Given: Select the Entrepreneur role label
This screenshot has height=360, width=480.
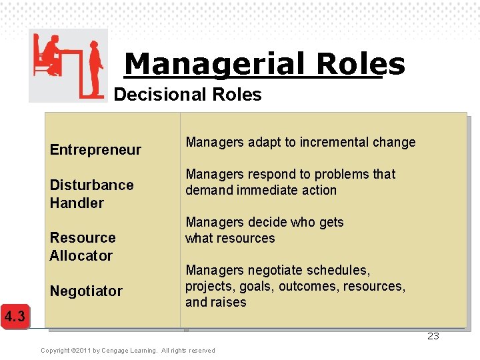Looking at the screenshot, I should click(95, 149).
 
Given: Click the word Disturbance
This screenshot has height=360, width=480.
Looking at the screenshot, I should click(91, 185).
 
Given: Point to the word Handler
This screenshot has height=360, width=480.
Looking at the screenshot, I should click(77, 203).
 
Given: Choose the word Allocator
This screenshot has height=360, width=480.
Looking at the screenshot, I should click(81, 255).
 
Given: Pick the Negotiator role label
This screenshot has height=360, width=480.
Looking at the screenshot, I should click(86, 291).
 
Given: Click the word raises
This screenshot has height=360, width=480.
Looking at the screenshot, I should click(229, 302).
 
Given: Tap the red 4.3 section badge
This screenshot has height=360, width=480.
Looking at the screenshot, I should click(14, 316).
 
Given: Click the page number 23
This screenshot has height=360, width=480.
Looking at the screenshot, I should click(433, 336).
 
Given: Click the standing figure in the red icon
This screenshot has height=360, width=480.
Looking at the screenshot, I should click(96, 64).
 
